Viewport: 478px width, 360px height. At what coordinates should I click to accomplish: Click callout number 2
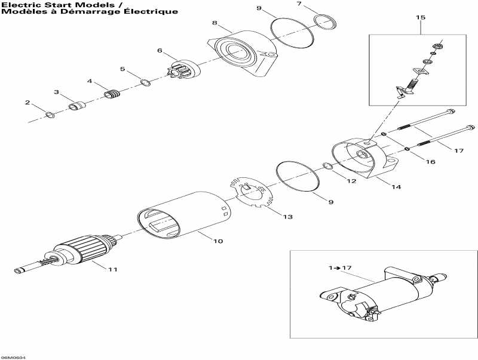[x=27, y=103]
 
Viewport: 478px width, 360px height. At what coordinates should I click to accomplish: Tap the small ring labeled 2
[x=50, y=115]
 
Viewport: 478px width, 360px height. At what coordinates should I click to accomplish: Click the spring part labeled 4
[x=111, y=94]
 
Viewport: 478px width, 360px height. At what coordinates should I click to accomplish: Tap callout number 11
[x=112, y=269]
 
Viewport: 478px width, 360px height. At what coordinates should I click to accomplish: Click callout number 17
[x=458, y=150]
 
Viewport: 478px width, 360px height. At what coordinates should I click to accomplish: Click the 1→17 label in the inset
[x=341, y=267]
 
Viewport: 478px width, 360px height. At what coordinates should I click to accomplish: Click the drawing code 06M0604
[x=13, y=357]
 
